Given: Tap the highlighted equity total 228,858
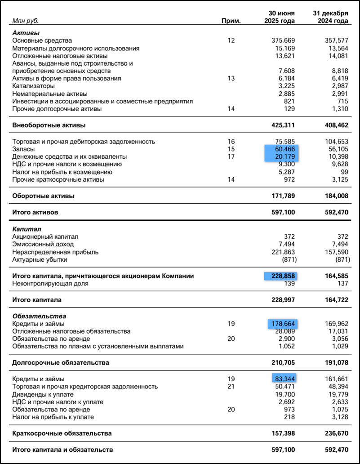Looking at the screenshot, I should pos(282,276).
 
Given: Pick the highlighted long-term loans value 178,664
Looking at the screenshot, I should pos(284,324).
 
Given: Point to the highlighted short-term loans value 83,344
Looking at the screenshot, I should pos(286,379).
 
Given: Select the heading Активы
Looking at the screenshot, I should pos(26,33).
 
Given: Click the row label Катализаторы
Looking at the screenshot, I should pos(34,86).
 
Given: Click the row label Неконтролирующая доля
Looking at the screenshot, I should pos(50,284).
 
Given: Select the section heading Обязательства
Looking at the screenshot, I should pos(39,316).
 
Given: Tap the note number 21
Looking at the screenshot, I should pos(231,387).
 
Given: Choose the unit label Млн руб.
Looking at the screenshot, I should pos(25,21).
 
